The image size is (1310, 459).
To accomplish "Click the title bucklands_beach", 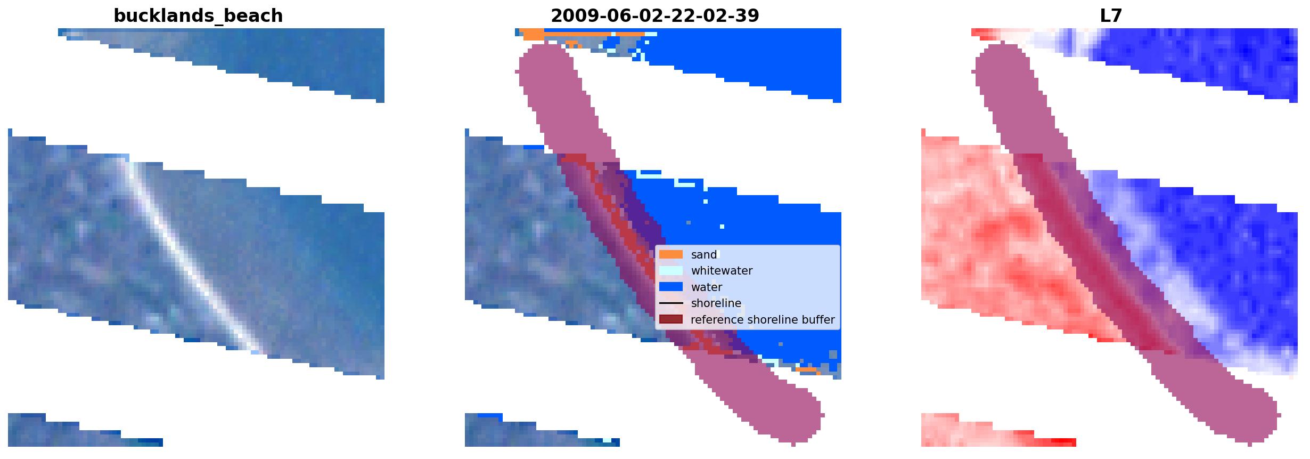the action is (x=198, y=16).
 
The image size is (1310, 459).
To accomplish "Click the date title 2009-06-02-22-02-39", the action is (x=654, y=16).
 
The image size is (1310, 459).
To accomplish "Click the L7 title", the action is (x=1111, y=16).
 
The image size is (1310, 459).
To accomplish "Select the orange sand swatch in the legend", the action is (x=670, y=255).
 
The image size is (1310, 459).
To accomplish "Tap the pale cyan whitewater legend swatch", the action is (x=670, y=271).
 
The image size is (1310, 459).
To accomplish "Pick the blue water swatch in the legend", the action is (x=670, y=287).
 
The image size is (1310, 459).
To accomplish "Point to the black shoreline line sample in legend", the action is (x=670, y=303).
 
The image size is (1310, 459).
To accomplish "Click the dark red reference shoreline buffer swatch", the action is (x=670, y=320).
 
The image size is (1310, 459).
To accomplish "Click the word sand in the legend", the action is (x=704, y=255).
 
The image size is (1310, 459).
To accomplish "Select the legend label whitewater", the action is (x=722, y=271).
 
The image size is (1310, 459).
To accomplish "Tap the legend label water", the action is (x=707, y=287).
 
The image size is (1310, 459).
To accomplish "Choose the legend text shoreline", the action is (x=716, y=303).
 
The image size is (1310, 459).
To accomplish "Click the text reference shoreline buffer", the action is (x=763, y=320).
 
